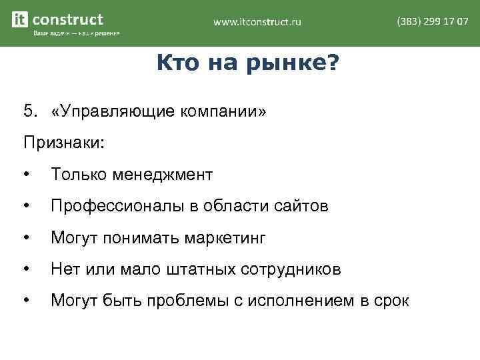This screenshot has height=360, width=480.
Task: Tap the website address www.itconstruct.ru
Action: (257, 22)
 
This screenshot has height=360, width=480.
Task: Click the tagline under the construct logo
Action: (76, 33)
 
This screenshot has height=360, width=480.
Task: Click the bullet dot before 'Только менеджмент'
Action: (26, 175)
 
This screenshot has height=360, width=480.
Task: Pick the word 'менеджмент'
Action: (165, 175)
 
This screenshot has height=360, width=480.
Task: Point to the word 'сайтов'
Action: (301, 207)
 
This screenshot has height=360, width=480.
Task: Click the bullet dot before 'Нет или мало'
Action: (26, 270)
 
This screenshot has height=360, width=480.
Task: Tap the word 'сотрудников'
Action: (295, 270)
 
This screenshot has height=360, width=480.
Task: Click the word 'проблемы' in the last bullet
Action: (196, 302)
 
